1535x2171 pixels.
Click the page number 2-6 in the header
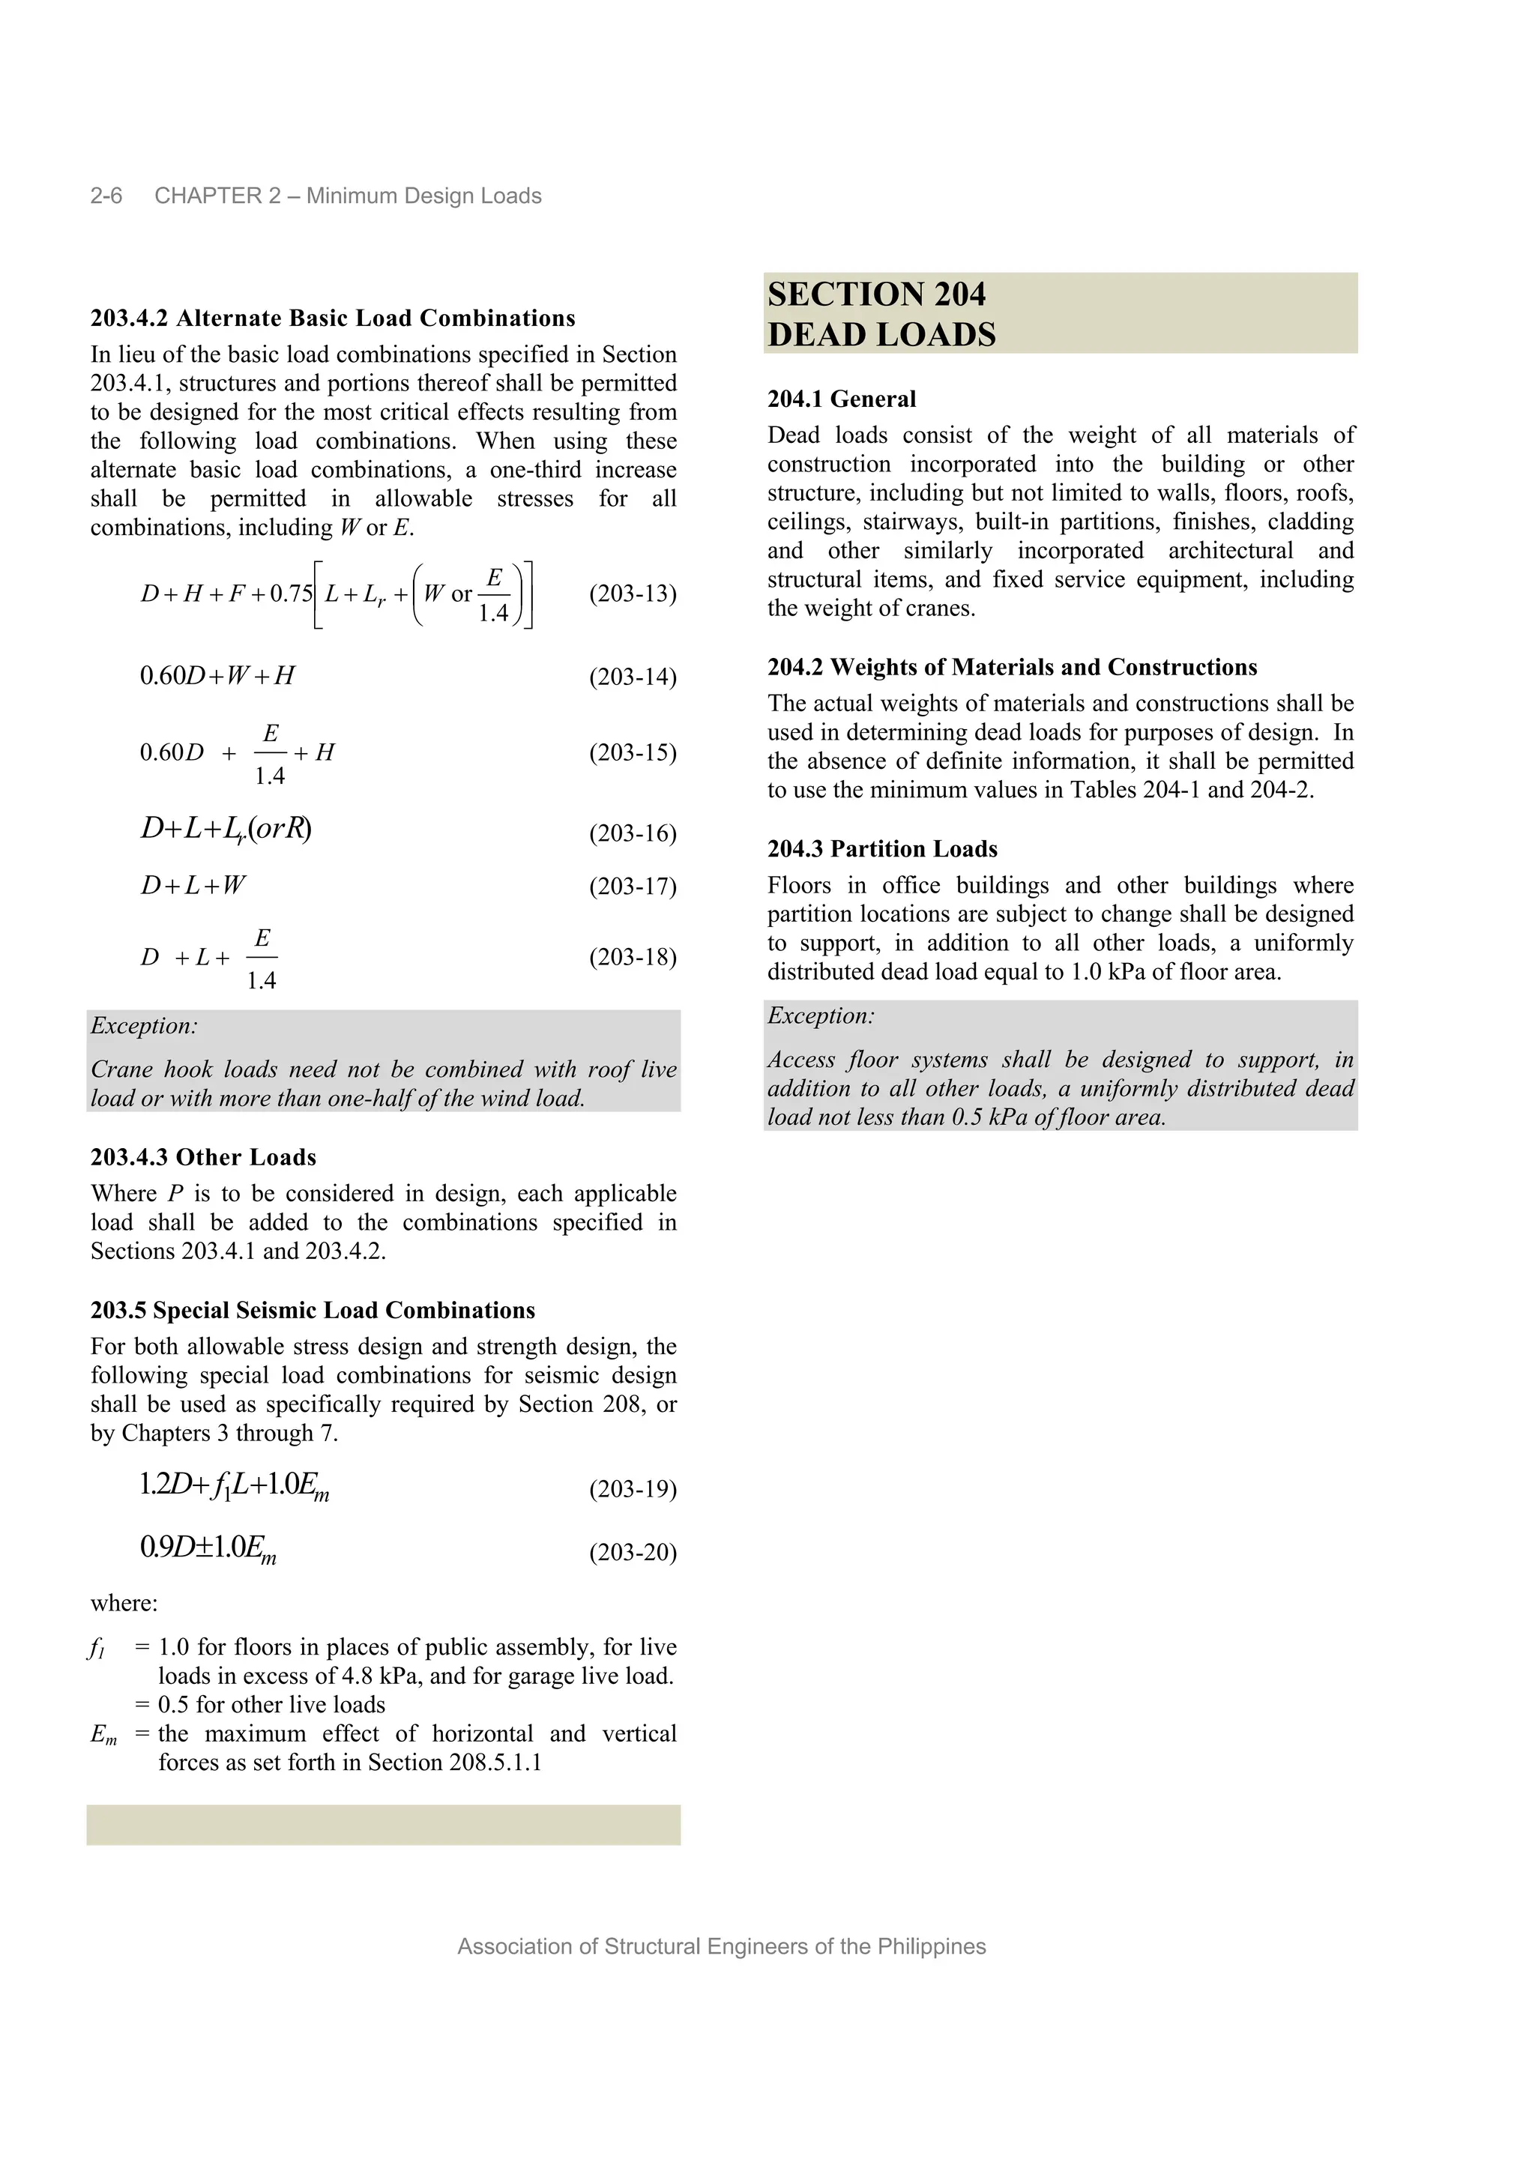[x=106, y=196]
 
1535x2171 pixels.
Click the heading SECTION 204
[x=875, y=295]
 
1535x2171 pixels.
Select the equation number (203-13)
[x=632, y=595]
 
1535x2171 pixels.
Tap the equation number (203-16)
[x=632, y=834]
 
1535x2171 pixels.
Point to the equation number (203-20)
[x=632, y=1553]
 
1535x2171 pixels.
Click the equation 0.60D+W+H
[x=217, y=676]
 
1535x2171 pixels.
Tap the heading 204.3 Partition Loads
[x=881, y=849]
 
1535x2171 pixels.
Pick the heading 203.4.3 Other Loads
[x=202, y=1157]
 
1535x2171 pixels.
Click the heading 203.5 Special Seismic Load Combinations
[x=312, y=1311]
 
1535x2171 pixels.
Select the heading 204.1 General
[x=841, y=399]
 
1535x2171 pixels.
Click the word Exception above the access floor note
[x=820, y=1016]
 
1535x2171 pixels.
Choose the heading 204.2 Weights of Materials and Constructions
[x=1011, y=668]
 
